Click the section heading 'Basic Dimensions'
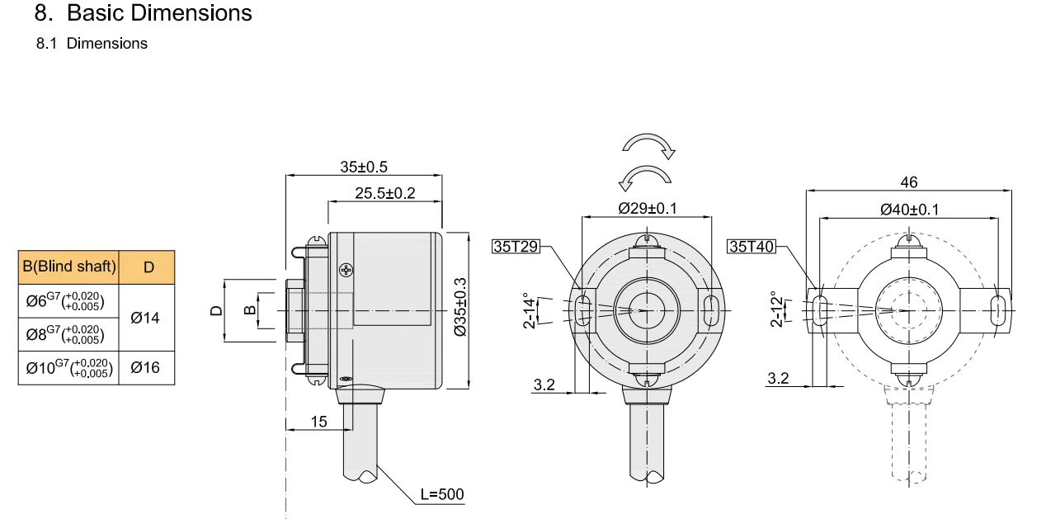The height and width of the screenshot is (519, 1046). (159, 13)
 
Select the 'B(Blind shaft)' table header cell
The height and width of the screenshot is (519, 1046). (69, 267)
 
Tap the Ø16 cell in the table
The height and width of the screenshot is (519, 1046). (145, 367)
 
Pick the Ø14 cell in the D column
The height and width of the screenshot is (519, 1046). (145, 318)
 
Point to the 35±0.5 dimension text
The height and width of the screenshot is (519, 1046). (364, 167)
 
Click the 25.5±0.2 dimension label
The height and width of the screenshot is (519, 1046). (385, 193)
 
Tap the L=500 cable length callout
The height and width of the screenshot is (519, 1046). (442, 495)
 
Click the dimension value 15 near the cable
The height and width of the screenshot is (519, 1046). (318, 422)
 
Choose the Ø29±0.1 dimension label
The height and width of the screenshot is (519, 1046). (648, 209)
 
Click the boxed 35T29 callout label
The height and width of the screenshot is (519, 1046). (516, 246)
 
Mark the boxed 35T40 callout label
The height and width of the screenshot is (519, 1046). (752, 246)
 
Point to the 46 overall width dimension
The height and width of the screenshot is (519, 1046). (909, 182)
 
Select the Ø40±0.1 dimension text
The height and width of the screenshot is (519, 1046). (909, 210)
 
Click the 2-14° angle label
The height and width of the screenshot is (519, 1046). (529, 310)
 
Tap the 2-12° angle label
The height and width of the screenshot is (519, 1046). (776, 309)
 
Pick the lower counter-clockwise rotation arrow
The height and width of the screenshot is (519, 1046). (646, 176)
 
